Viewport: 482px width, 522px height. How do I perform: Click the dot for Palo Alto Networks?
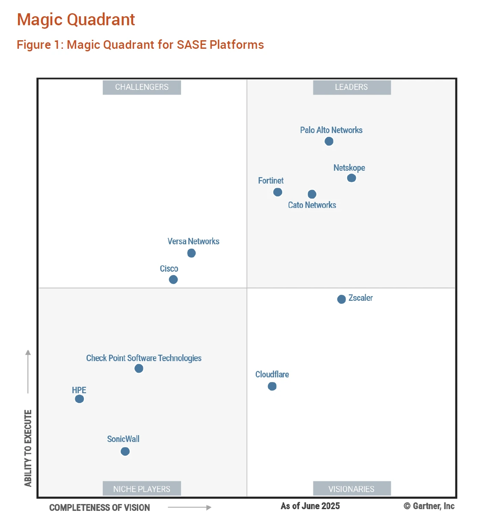coord(329,141)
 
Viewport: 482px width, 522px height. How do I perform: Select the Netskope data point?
coord(351,178)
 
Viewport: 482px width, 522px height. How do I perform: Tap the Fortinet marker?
coord(278,192)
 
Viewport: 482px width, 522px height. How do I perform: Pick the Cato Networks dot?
coord(312,194)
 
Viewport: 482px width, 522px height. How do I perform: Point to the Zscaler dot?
coord(342,299)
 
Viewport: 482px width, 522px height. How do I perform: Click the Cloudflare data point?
coord(272,386)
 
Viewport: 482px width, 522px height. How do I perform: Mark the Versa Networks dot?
coord(191,253)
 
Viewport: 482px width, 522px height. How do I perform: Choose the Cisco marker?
coord(173,279)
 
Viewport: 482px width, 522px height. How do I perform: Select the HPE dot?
coord(79,399)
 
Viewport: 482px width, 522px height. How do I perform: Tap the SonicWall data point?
coord(125,451)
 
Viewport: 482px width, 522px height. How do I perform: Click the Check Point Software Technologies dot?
coord(139,368)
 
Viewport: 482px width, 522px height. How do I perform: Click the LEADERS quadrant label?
coord(351,87)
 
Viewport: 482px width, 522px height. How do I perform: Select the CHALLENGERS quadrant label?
coord(142,87)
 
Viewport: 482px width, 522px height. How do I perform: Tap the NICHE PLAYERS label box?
coord(142,489)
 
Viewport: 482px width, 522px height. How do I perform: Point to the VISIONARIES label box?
coord(351,489)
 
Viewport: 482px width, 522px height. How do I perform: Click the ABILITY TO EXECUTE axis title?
coord(28,448)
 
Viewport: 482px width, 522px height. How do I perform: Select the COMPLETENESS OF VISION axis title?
coord(100,508)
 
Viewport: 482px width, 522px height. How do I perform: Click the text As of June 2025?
coord(310,506)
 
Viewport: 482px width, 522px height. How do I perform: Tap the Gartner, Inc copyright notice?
coord(429,506)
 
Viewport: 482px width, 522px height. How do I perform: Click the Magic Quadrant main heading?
coord(76,20)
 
